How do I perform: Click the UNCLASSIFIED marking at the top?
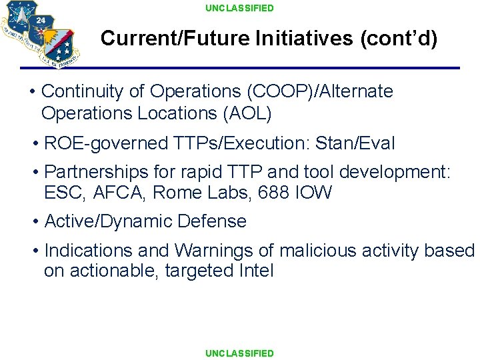[239, 8]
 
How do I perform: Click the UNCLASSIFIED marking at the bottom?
[239, 353]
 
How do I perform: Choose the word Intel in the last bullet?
[255, 271]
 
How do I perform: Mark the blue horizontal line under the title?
[240, 68]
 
